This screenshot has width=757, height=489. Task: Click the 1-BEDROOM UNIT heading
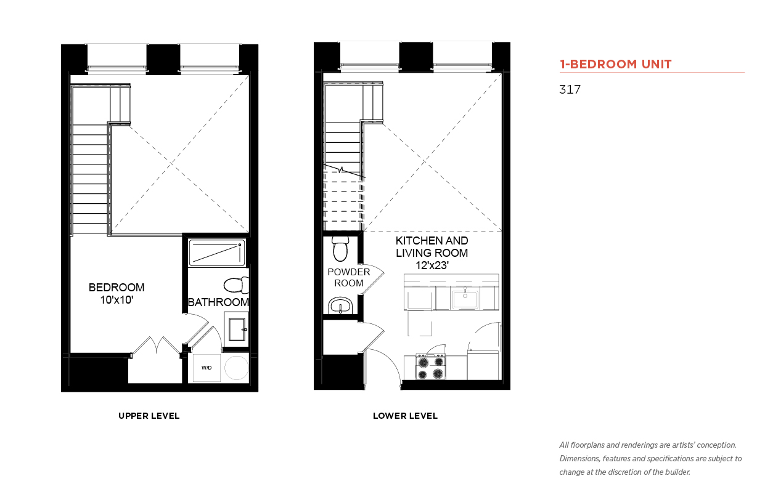pyautogui.click(x=615, y=64)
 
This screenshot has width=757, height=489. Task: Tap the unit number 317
pyautogui.click(x=570, y=89)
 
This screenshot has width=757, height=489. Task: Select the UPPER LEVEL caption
pyautogui.click(x=149, y=416)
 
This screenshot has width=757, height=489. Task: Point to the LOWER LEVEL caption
pyautogui.click(x=405, y=416)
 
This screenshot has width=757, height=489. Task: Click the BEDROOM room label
pyautogui.click(x=117, y=288)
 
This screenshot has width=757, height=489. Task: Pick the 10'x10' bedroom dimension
pyautogui.click(x=117, y=299)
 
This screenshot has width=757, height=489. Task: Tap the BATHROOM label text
pyautogui.click(x=218, y=302)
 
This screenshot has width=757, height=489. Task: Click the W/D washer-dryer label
pyautogui.click(x=207, y=368)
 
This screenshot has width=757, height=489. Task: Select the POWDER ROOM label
pyautogui.click(x=349, y=277)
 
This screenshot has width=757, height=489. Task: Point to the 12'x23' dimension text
pyautogui.click(x=432, y=265)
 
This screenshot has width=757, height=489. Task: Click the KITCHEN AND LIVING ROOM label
pyautogui.click(x=432, y=246)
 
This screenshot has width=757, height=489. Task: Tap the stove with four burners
pyautogui.click(x=430, y=367)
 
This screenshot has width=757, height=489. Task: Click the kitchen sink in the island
pyautogui.click(x=465, y=299)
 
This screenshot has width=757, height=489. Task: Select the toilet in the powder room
pyautogui.click(x=340, y=249)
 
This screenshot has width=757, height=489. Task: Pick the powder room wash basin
pyautogui.click(x=340, y=305)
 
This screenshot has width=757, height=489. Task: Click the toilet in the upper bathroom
pyautogui.click(x=236, y=285)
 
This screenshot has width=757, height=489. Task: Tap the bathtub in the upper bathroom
pyautogui.click(x=217, y=253)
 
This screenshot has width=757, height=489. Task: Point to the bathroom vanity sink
pyautogui.click(x=237, y=329)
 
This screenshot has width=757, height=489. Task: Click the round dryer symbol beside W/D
pyautogui.click(x=236, y=368)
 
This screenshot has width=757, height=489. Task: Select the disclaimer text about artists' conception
pyautogui.click(x=650, y=459)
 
